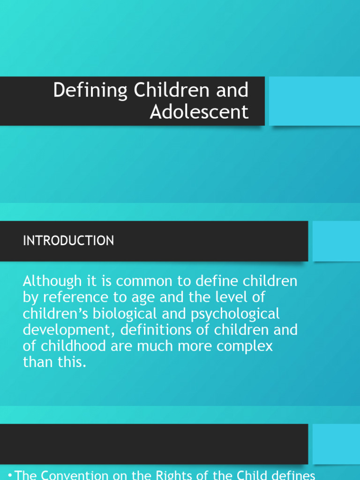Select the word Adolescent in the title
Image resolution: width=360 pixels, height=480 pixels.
point(199,112)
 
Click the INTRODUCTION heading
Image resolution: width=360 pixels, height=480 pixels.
point(68,241)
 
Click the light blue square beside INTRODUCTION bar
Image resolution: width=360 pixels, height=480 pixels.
point(336,241)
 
